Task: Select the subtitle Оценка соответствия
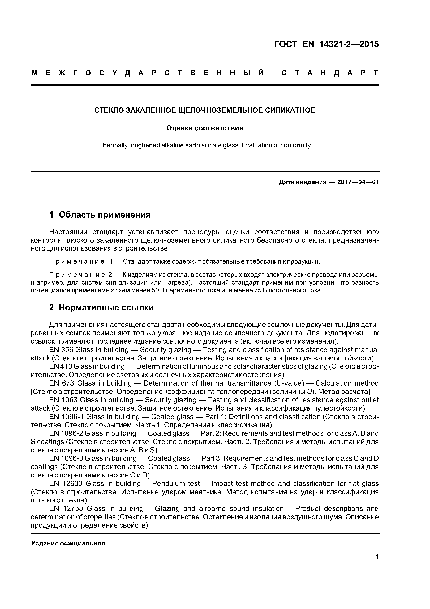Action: click(x=205, y=128)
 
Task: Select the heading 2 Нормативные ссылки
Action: click(x=101, y=308)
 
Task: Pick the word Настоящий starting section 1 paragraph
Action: click(x=68, y=232)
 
